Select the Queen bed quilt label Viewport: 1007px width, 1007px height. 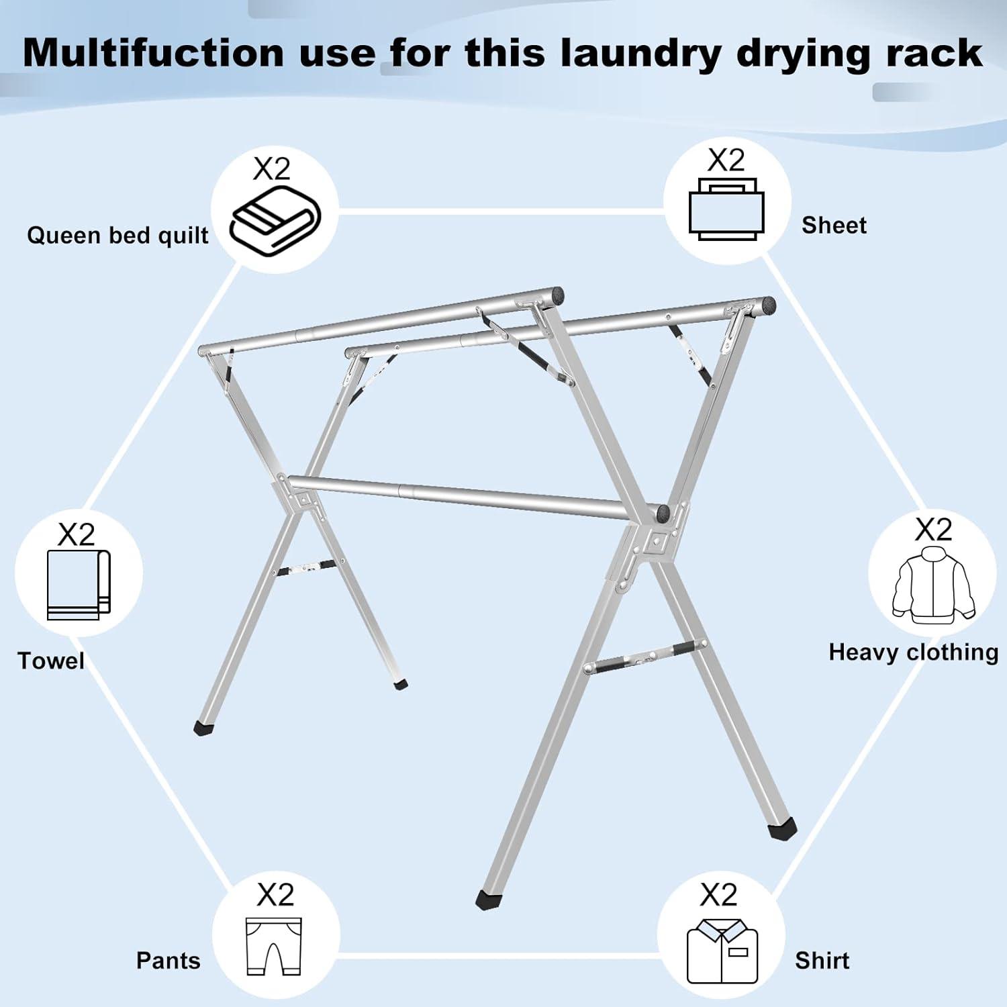(117, 236)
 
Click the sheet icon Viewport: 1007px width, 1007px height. (726, 209)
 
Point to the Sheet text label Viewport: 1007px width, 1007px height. (833, 226)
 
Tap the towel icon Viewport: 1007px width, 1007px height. (79, 585)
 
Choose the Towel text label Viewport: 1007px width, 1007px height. (51, 661)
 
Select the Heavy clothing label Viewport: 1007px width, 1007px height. (913, 653)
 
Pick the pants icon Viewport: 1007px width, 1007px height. (273, 946)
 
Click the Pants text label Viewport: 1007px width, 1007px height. (168, 961)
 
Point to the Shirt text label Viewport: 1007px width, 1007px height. (822, 961)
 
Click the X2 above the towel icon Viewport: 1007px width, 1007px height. (76, 535)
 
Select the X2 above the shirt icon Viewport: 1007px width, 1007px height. (718, 895)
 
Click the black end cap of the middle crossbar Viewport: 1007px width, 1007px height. (665, 514)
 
